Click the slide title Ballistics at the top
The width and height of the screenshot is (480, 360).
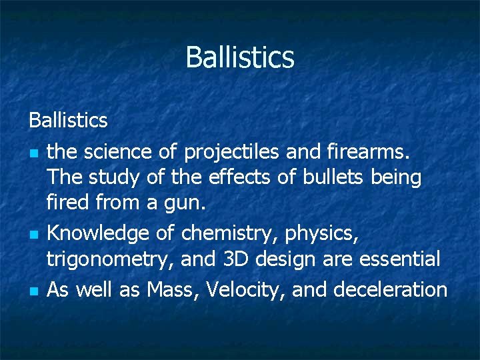point(240,57)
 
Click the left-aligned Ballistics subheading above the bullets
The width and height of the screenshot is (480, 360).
point(68,121)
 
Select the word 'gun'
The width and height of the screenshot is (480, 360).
point(183,203)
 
